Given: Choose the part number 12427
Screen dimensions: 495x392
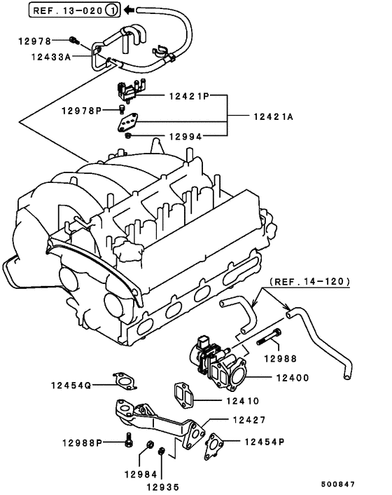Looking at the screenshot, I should click(249, 421).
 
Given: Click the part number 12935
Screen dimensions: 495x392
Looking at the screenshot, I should click(162, 487).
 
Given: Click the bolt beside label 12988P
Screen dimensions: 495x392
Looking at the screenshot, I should click(129, 442).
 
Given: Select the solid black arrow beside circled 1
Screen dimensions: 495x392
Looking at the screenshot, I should click(129, 11).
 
